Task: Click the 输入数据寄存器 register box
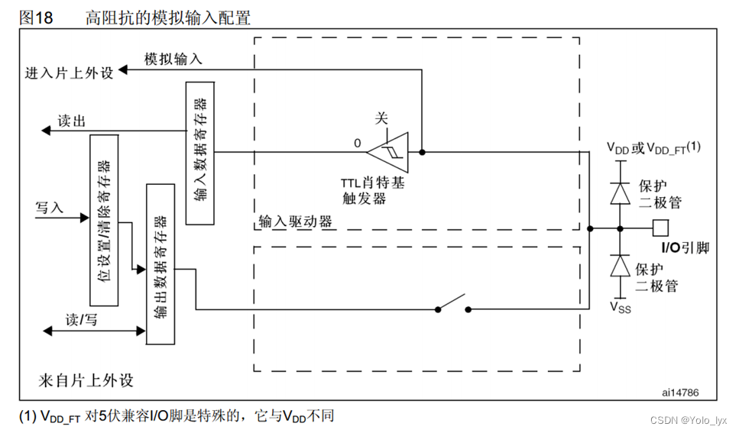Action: point(200,153)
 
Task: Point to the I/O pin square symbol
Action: point(662,228)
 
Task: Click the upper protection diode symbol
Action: point(621,192)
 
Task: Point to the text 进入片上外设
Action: point(69,73)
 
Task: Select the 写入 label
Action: point(50,208)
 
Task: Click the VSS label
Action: point(620,306)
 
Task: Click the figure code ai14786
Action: point(679,392)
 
